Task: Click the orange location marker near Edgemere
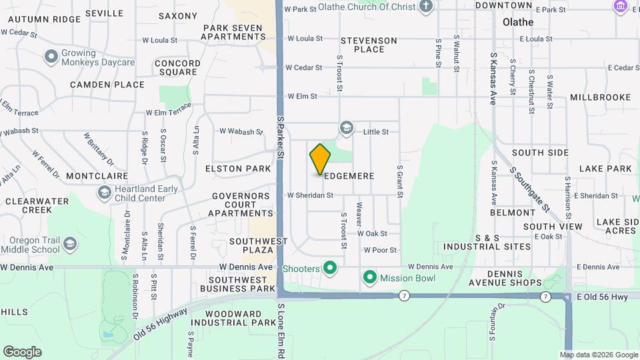click(320, 159)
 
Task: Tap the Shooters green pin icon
click(329, 269)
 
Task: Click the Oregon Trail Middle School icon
click(70, 244)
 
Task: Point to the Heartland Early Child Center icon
click(104, 193)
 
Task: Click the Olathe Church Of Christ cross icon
click(427, 7)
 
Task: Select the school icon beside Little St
click(346, 127)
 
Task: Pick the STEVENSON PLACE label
click(369, 45)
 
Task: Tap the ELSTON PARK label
click(238, 169)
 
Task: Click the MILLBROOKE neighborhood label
click(600, 97)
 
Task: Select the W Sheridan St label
click(310, 195)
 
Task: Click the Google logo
click(22, 351)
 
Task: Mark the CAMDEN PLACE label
click(107, 85)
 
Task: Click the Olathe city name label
click(519, 22)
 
